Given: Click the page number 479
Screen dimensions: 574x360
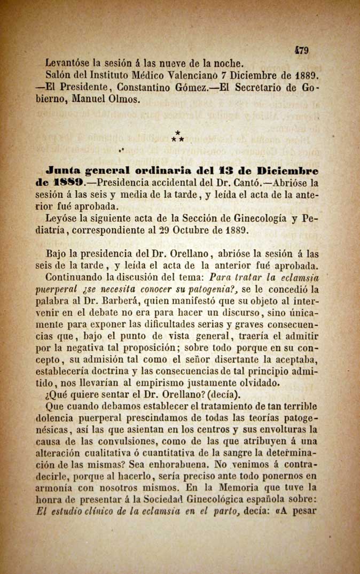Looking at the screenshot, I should [x=302, y=50].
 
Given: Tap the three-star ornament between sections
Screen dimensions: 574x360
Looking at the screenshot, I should [x=178, y=136].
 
